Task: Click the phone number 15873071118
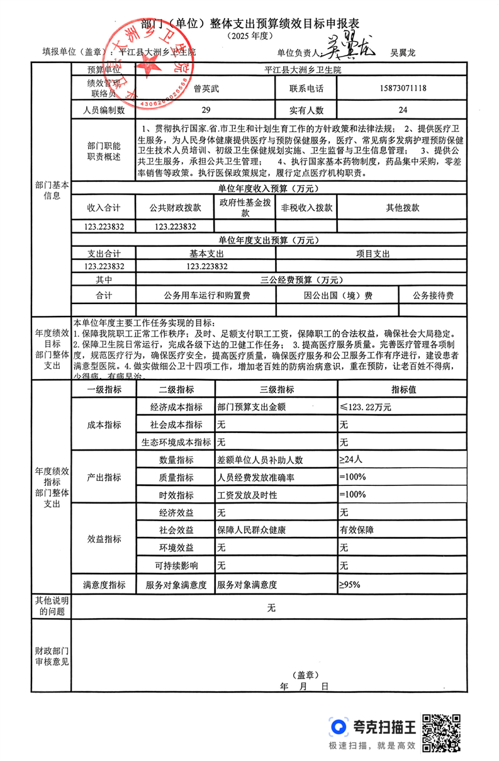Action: click(403, 89)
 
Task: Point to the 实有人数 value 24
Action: click(403, 111)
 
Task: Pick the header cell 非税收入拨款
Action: click(306, 208)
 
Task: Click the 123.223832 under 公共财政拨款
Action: click(175, 227)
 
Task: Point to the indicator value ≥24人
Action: click(352, 459)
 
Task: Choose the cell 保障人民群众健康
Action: click(251, 530)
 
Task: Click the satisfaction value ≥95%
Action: click(350, 585)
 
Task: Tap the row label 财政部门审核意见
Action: click(52, 656)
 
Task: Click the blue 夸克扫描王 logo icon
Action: click(339, 728)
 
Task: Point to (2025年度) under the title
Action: click(249, 37)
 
